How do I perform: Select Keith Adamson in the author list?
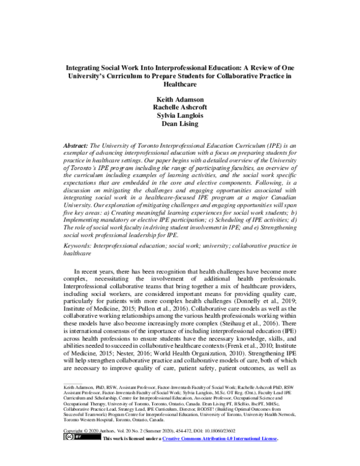click(180, 100)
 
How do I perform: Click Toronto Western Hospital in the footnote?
click(85, 429)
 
